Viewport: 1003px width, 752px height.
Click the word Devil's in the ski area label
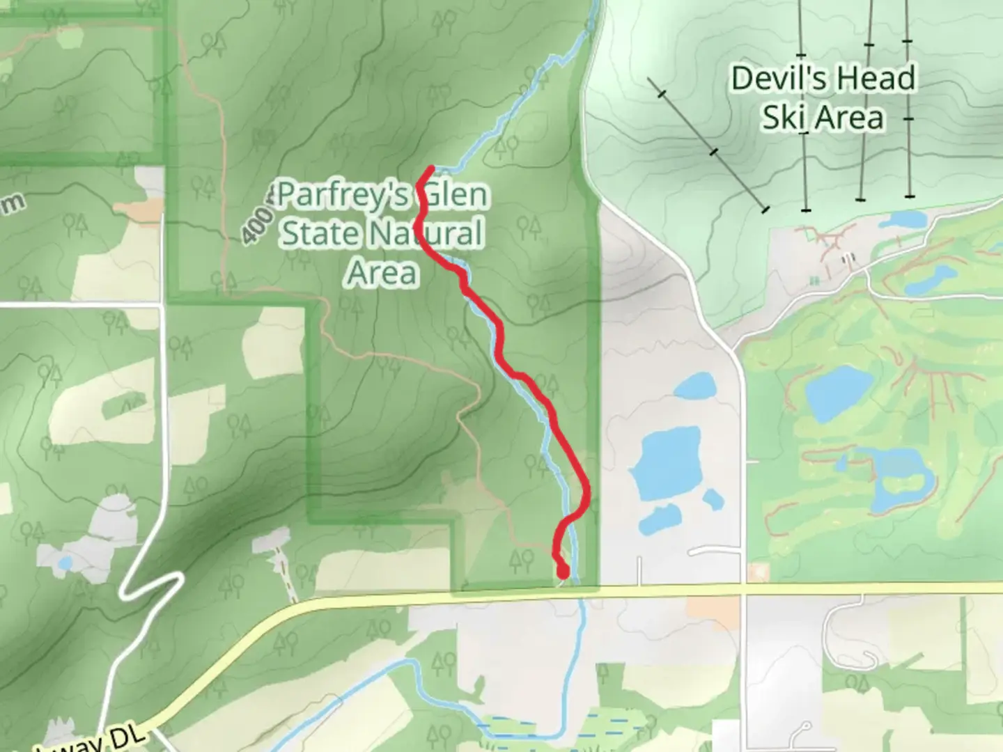[777, 78]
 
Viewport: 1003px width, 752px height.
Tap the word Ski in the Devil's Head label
[781, 117]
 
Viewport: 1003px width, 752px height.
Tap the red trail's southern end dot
[563, 572]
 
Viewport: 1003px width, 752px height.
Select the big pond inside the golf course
[838, 393]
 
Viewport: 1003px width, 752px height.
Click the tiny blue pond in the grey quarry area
[64, 563]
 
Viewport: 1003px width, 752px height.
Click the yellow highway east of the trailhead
[669, 590]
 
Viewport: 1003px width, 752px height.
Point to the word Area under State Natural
[382, 272]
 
